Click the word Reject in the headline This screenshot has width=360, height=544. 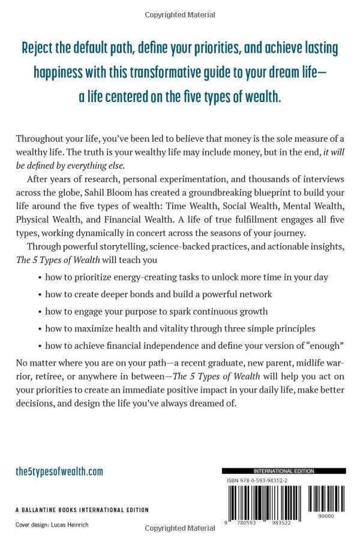(40, 48)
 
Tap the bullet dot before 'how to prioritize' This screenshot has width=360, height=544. (39, 277)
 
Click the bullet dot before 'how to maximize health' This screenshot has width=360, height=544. (39, 329)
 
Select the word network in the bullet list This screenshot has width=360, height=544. (254, 294)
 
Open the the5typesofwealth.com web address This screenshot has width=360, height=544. (59, 471)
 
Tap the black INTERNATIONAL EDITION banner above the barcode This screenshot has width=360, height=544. (283, 471)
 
